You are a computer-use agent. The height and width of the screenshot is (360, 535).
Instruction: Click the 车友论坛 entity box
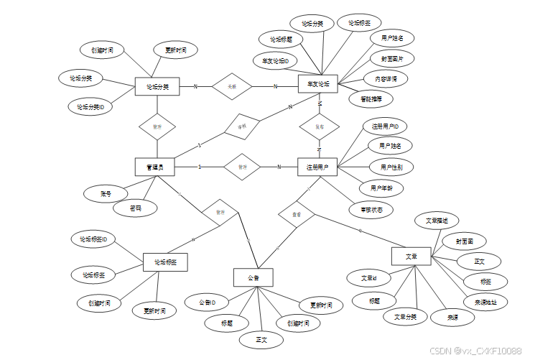click(318, 84)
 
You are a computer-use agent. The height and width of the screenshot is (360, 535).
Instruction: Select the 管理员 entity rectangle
click(155, 167)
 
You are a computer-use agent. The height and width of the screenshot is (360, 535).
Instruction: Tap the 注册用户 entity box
click(317, 167)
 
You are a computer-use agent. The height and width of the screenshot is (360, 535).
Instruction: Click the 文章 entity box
click(411, 257)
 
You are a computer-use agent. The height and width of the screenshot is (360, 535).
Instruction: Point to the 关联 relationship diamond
click(231, 86)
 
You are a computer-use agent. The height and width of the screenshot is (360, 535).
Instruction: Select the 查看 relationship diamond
click(296, 214)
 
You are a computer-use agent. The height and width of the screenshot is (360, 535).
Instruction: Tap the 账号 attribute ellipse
click(105, 193)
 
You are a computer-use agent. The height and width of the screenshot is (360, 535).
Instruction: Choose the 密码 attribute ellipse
click(136, 208)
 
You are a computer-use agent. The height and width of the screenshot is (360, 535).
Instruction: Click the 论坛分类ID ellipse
click(90, 106)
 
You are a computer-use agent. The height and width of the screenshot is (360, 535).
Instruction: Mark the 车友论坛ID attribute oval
click(274, 61)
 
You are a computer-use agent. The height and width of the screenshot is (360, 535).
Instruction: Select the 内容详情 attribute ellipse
click(386, 78)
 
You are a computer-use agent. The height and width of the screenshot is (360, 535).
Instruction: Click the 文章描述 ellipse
click(437, 221)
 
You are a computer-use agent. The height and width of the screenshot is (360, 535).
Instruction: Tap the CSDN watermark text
click(475, 351)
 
